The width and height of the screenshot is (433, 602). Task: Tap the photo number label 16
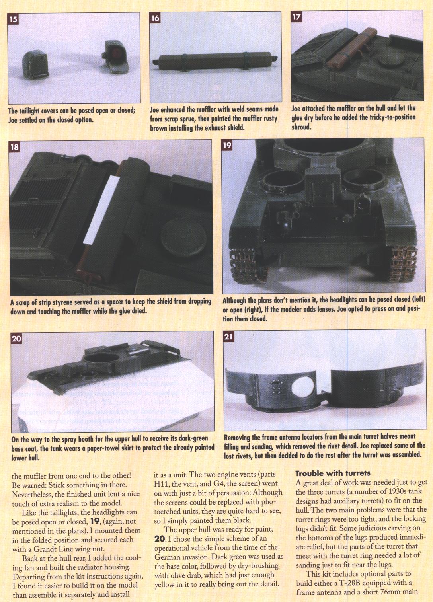(155, 18)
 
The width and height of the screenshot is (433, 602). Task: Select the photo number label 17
(296, 17)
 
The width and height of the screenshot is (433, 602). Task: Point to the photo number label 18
(14, 147)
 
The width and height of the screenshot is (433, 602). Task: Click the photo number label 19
(227, 145)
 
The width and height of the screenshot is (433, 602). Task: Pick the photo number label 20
(16, 338)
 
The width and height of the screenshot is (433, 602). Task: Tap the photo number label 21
(229, 337)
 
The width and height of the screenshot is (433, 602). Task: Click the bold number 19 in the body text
(95, 521)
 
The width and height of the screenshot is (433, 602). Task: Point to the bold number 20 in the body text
(160, 538)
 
